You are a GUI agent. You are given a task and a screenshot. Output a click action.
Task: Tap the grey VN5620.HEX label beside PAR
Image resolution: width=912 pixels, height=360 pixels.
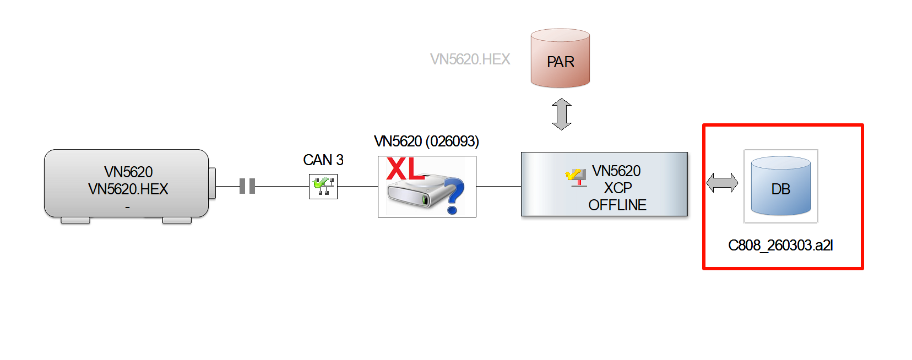[470, 59]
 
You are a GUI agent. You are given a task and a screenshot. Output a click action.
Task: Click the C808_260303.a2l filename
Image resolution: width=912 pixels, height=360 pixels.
[780, 246]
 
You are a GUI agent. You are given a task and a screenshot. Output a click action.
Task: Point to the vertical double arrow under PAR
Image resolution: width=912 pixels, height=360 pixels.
[561, 114]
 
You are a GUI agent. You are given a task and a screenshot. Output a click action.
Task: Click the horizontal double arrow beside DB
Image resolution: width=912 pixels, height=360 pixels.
[722, 183]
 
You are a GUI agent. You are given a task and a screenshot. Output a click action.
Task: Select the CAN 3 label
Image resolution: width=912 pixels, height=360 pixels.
[323, 160]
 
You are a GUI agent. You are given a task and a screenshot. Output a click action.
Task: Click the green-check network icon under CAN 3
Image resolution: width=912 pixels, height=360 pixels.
[323, 186]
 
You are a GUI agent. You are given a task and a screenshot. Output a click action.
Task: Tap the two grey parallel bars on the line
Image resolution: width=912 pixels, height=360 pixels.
[247, 186]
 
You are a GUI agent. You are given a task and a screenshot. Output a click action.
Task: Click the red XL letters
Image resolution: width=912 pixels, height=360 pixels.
[405, 170]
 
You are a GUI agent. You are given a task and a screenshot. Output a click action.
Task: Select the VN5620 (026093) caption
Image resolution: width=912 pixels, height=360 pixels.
[426, 141]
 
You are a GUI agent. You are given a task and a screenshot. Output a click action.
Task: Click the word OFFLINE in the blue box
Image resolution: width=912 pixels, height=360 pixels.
[617, 205]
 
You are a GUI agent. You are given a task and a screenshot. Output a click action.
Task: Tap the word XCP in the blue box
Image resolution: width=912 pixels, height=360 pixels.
[617, 188]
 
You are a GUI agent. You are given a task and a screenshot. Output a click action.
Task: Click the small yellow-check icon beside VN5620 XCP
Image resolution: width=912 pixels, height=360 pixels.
[576, 177]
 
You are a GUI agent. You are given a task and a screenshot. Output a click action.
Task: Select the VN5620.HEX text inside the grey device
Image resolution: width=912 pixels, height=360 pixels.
[128, 189]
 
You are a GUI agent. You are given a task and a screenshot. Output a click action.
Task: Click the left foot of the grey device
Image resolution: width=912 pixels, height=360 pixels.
[75, 220]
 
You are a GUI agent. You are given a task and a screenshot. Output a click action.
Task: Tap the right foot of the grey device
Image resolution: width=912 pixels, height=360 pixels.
[177, 220]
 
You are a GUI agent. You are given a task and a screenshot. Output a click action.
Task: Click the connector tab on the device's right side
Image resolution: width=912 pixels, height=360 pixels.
[212, 183]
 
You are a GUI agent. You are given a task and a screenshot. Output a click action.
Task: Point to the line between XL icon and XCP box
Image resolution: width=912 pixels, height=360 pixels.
[498, 186]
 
